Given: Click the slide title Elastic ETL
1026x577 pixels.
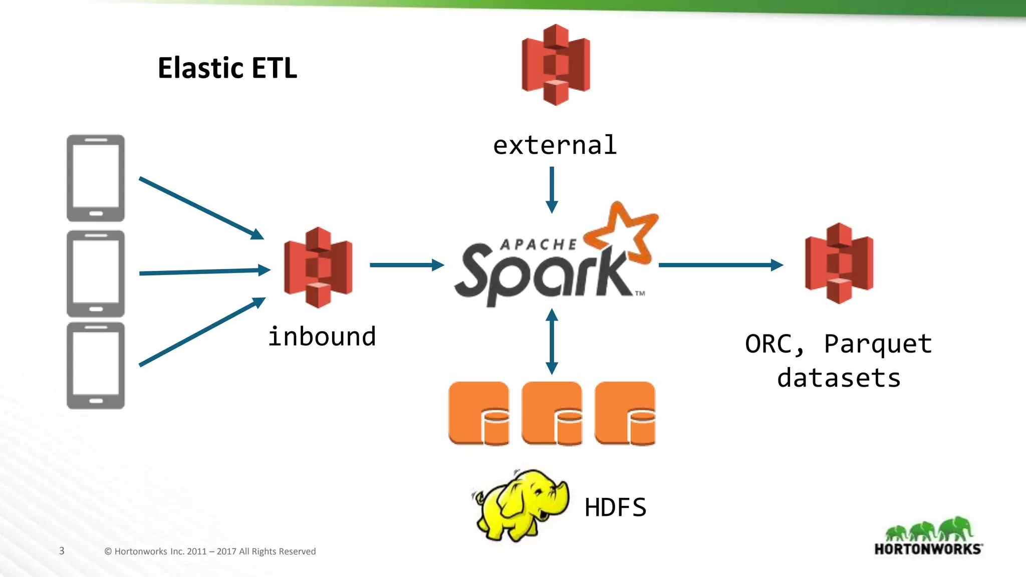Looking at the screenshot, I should click(x=227, y=68).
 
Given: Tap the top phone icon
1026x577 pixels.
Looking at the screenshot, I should click(x=96, y=178).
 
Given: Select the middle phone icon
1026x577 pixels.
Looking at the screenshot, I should click(x=96, y=273).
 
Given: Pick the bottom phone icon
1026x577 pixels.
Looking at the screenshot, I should click(x=96, y=366).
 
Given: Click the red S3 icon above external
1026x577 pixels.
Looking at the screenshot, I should click(x=556, y=65).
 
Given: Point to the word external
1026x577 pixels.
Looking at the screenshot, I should click(x=555, y=146).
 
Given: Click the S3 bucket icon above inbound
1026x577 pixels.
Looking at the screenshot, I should click(x=318, y=267).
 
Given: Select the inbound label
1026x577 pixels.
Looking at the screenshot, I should click(x=322, y=337).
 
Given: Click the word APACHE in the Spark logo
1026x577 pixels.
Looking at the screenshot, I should click(x=539, y=244).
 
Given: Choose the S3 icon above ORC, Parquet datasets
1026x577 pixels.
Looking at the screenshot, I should click(x=839, y=263).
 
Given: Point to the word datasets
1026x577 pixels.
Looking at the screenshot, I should click(x=839, y=378).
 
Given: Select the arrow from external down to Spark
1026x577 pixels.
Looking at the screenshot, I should click(x=552, y=190).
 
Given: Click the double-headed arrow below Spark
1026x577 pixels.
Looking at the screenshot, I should click(x=552, y=342).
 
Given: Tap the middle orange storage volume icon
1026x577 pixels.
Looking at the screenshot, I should click(x=552, y=413).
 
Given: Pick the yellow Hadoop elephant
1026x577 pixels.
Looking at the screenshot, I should click(x=521, y=505).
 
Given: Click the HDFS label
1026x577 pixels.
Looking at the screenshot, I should click(x=615, y=507).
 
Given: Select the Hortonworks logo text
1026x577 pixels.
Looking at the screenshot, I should click(x=928, y=549).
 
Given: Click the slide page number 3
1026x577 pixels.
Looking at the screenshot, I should click(x=62, y=551).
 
